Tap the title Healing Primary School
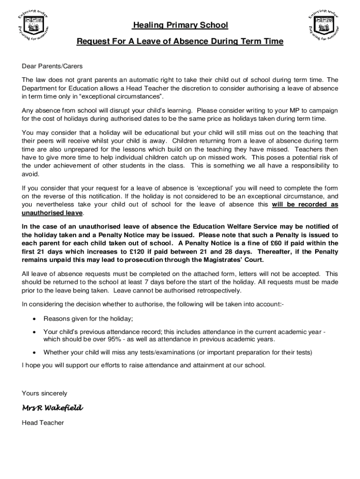180,25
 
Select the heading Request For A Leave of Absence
180,42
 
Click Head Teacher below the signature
43,423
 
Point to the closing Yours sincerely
45,393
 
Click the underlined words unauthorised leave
53,213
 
